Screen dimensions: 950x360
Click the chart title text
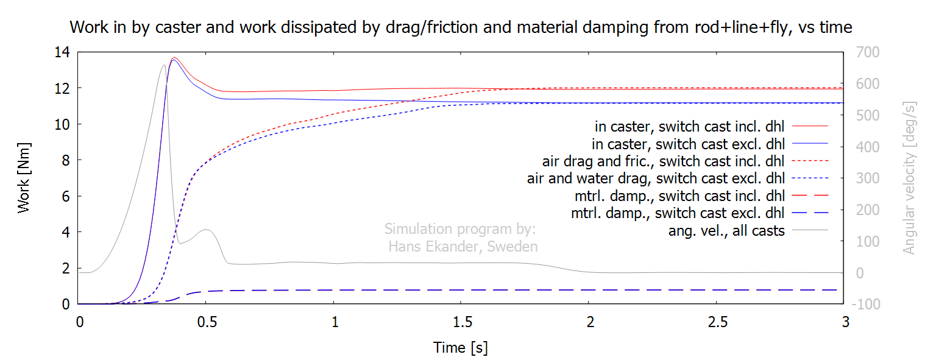click(x=461, y=27)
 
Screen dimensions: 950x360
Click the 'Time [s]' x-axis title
click(x=461, y=348)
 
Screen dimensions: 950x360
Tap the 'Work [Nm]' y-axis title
click(x=24, y=178)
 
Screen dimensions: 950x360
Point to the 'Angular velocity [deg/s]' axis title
click(x=909, y=178)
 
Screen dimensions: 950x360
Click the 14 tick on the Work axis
click(x=62, y=52)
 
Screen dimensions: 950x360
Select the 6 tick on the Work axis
click(x=66, y=196)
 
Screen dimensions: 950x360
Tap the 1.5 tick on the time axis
click(x=462, y=322)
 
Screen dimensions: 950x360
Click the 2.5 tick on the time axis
click(x=718, y=322)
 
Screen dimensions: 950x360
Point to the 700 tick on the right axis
click(x=867, y=52)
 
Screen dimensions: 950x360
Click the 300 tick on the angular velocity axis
click(x=867, y=178)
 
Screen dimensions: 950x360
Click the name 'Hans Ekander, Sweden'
click(x=463, y=246)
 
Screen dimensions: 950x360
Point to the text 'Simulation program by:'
click(x=460, y=229)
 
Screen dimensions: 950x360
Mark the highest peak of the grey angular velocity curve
click(x=164, y=65)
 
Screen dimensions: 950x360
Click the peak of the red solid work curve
click(x=174, y=58)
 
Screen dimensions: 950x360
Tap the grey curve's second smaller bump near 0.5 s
click(x=206, y=230)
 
